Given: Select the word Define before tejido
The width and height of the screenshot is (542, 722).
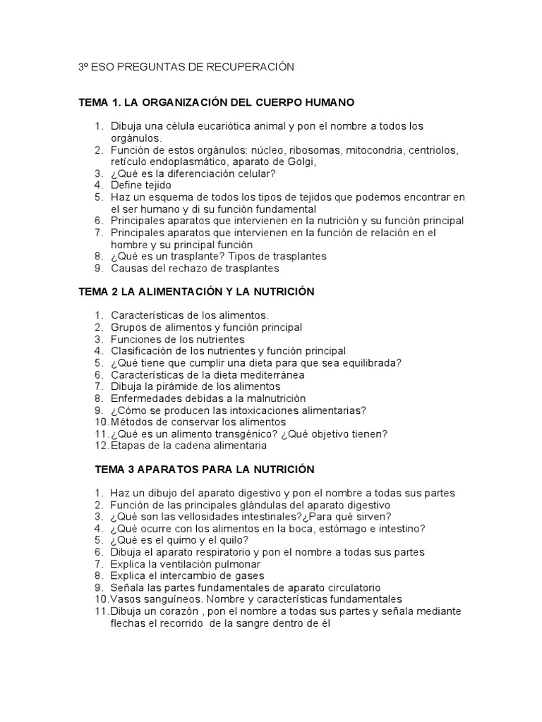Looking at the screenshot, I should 126,185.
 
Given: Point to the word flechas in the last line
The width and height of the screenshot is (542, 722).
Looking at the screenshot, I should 127,623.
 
